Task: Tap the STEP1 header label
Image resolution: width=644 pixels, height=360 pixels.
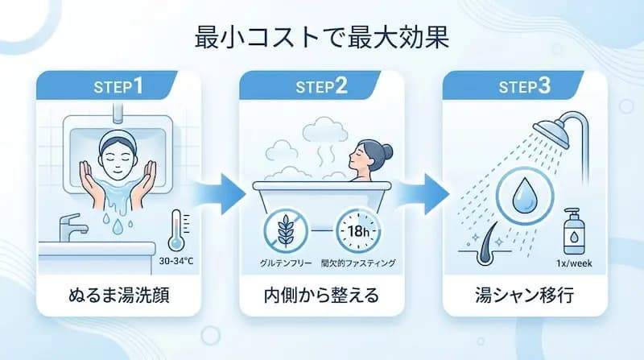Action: (118, 86)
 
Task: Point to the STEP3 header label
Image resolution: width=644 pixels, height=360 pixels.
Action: (524, 86)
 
